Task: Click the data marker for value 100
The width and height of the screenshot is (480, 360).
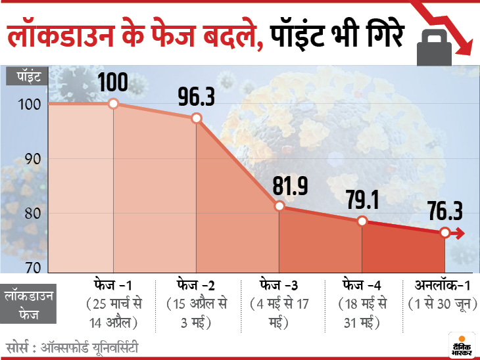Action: pyautogui.click(x=113, y=104)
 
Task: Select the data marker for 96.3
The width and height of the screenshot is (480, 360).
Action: pyautogui.click(x=196, y=118)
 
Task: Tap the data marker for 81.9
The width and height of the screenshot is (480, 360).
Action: pyautogui.click(x=279, y=206)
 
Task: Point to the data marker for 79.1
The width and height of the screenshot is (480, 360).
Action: pyautogui.click(x=362, y=221)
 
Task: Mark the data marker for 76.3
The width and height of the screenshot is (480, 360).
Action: pyautogui.click(x=445, y=233)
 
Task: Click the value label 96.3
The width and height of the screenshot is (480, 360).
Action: pyautogui.click(x=197, y=97)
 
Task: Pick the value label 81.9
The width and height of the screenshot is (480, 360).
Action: pyautogui.click(x=281, y=186)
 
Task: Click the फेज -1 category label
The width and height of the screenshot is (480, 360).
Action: pyautogui.click(x=113, y=286)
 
